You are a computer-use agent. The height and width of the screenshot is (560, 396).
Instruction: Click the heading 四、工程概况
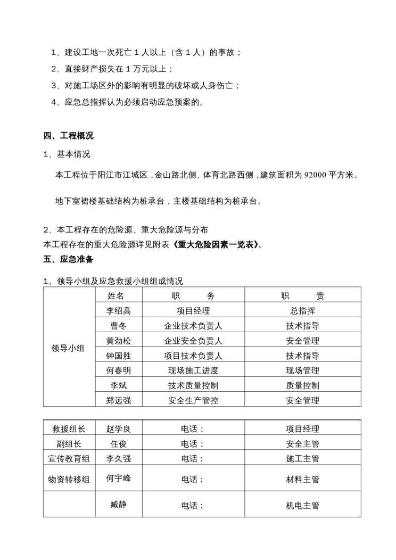69,136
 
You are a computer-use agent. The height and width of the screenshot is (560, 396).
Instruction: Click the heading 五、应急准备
69,260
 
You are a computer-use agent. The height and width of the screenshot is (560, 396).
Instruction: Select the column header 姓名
115,296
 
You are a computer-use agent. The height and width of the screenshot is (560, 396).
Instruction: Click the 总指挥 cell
302,311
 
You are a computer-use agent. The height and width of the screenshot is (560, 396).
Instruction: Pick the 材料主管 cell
302,479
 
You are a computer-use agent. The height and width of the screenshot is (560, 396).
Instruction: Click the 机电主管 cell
302,506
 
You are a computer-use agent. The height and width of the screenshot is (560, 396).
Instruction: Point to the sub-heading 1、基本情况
67,155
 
